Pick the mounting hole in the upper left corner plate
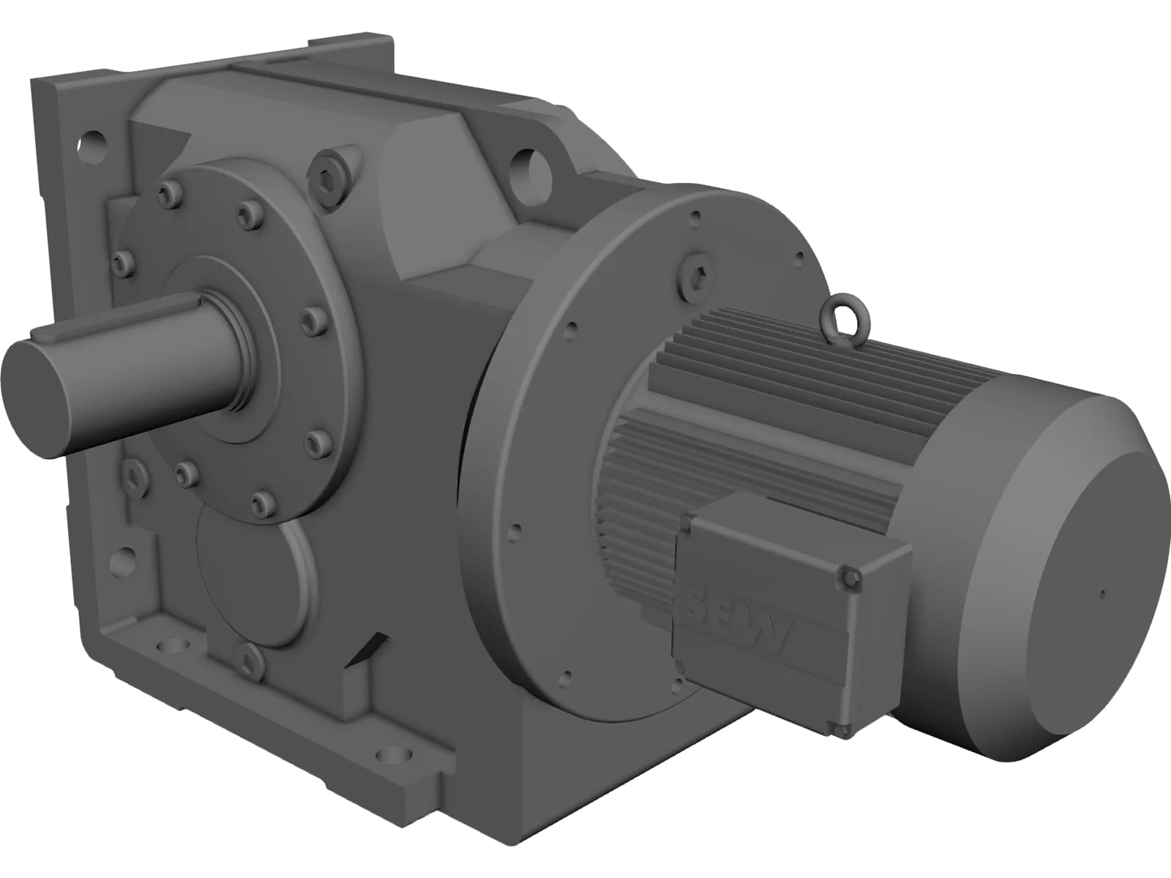(92, 140)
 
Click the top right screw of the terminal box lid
(850, 578)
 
